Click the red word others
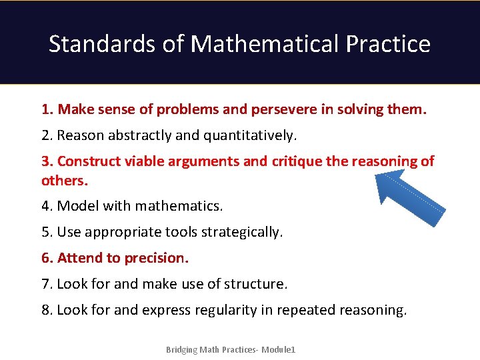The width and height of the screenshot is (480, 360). tap(64, 181)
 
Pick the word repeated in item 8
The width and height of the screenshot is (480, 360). tap(307, 310)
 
